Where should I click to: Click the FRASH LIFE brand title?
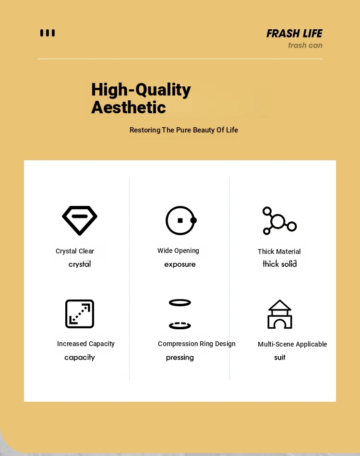(x=294, y=34)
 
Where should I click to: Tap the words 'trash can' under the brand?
(x=305, y=46)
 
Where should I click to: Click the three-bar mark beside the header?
(x=48, y=33)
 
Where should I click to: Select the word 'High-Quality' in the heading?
(x=141, y=90)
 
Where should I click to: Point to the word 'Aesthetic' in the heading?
(x=129, y=108)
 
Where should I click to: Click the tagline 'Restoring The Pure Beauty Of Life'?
(x=184, y=130)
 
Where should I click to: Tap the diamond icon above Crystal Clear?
(x=80, y=220)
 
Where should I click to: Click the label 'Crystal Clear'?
(x=75, y=251)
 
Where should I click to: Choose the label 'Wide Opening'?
(x=178, y=251)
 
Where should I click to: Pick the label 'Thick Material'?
(x=279, y=252)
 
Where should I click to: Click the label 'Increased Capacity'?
(x=86, y=344)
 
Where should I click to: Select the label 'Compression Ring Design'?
(x=197, y=344)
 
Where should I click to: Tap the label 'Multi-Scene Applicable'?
(x=292, y=344)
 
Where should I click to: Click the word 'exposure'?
(x=180, y=264)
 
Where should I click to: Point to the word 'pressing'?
(x=180, y=358)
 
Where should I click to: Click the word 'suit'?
(x=280, y=358)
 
